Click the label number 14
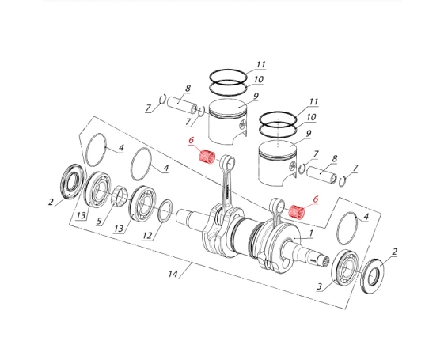pyautogui.click(x=173, y=274)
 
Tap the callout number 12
pyautogui.click(x=147, y=235)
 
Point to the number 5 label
pyautogui.click(x=99, y=221)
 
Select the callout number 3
pyautogui.click(x=320, y=286)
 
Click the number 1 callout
pyautogui.click(x=311, y=233)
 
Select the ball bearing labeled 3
pyautogui.click(x=344, y=268)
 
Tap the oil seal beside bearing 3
pyautogui.click(x=373, y=276)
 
